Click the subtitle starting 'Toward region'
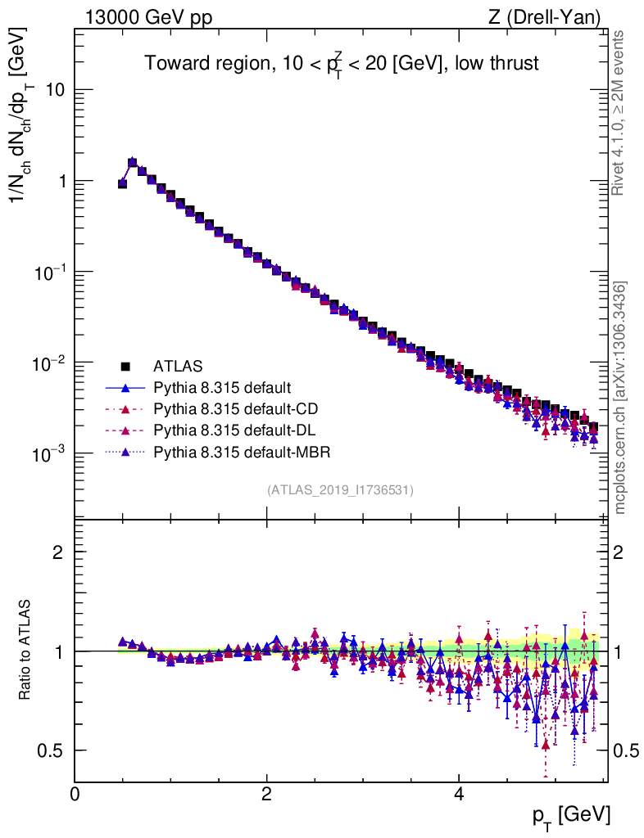pos(342,64)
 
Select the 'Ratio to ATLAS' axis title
pos(26,650)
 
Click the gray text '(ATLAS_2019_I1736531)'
pos(340,490)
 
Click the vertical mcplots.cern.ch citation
pos(620,398)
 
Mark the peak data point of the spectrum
pos(132,162)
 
